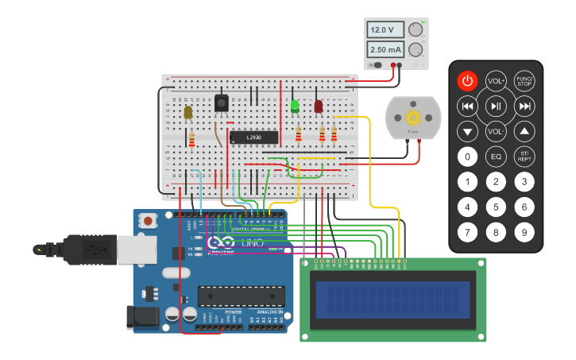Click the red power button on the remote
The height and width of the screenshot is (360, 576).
coord(468,80)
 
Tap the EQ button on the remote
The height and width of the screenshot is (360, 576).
coord(496,157)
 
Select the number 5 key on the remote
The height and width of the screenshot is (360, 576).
coord(496,207)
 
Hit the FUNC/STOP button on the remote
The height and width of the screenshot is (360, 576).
coord(524,80)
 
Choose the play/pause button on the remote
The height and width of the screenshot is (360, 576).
coord(496,106)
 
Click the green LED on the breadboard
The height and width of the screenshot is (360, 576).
coord(295,106)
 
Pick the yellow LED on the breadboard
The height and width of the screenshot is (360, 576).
coord(188,112)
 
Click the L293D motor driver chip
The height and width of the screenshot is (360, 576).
coord(253,137)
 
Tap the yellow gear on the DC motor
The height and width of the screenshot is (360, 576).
coord(413,117)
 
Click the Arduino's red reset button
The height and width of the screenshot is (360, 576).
coord(148,221)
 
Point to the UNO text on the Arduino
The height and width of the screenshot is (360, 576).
coord(252,242)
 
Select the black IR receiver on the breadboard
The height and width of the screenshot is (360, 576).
coord(221,103)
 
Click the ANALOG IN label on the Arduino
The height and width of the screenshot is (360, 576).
coord(268,312)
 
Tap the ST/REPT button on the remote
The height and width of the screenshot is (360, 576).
coord(524,157)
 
